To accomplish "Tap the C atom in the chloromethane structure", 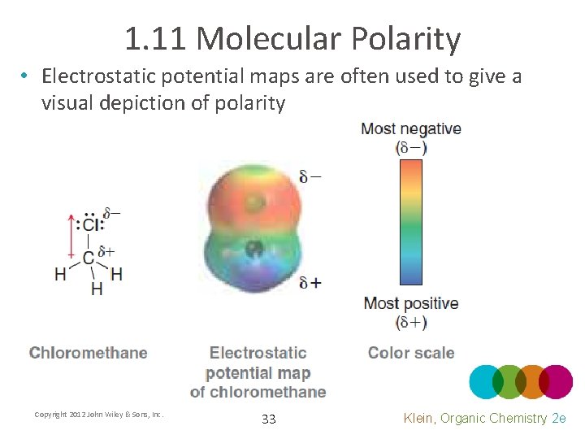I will [x=88, y=258].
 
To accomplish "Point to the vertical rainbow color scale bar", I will [x=410, y=221].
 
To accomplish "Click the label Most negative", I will [x=410, y=128].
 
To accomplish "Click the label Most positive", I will [x=410, y=303].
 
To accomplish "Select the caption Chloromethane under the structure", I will [x=89, y=353].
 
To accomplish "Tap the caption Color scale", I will [x=411, y=353].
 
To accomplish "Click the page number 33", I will [x=269, y=419].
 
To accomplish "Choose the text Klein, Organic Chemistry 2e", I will [x=484, y=418].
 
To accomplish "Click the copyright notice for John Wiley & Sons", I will [x=99, y=415].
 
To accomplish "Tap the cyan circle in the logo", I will [x=486, y=381].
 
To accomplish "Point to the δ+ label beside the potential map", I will [x=310, y=282].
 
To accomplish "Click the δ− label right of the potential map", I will [x=310, y=176].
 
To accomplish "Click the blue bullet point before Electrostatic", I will [x=26, y=76].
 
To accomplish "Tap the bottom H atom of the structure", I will [x=97, y=289].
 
